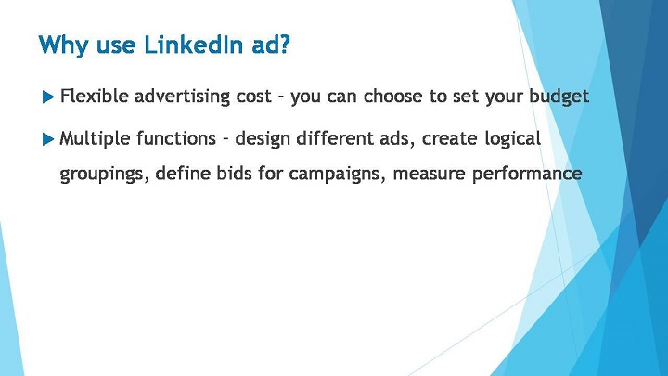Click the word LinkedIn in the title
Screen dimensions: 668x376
click(193, 45)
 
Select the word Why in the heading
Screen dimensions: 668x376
click(64, 45)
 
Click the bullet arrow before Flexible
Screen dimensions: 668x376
click(48, 97)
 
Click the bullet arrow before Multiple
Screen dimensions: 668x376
click(48, 139)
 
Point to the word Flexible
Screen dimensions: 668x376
click(94, 96)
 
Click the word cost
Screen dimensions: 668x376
click(254, 97)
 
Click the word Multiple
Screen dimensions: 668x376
click(95, 139)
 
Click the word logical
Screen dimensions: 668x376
click(512, 140)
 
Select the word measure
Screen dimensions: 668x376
click(429, 175)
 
